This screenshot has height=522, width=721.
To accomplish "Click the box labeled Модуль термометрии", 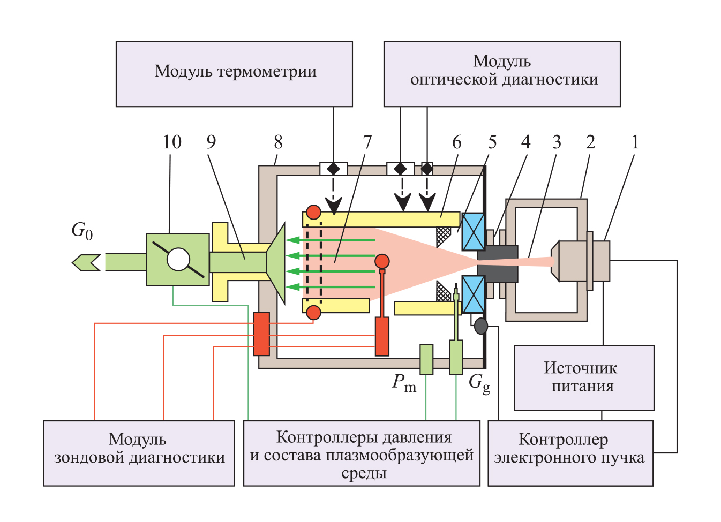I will (234, 74).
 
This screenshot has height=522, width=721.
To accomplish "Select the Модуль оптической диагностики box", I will (502, 74).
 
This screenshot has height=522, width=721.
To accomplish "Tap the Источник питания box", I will (584, 377).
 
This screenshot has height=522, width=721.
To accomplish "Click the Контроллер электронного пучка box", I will (570, 453).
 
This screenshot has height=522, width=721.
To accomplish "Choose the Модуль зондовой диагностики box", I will (139, 453).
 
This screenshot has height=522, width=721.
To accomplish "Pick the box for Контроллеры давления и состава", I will (362, 453).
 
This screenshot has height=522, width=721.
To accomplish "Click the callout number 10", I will (172, 142).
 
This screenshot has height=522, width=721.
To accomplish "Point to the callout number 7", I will (367, 142).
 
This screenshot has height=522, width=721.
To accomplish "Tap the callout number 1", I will (635, 142).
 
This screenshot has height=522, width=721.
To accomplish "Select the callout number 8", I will (278, 142).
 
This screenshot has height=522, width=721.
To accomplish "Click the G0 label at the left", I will (82, 231).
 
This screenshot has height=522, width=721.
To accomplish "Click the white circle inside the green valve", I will (178, 260).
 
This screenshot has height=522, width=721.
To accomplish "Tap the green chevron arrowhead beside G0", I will (86, 262).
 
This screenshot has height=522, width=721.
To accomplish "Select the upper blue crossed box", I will (474, 232).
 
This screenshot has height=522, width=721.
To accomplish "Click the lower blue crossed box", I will (474, 294).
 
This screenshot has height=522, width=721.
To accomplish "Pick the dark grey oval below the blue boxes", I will (481, 326).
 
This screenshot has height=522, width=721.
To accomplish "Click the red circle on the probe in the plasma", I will (382, 261).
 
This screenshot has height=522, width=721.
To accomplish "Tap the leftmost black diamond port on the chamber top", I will (333, 169).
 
